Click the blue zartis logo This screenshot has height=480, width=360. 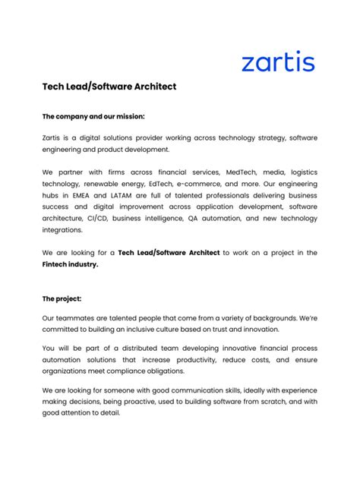click(x=277, y=61)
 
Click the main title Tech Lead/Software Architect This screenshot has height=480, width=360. click(x=109, y=87)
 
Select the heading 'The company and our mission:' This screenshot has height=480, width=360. click(x=93, y=116)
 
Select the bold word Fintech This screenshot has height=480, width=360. click(x=58, y=264)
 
